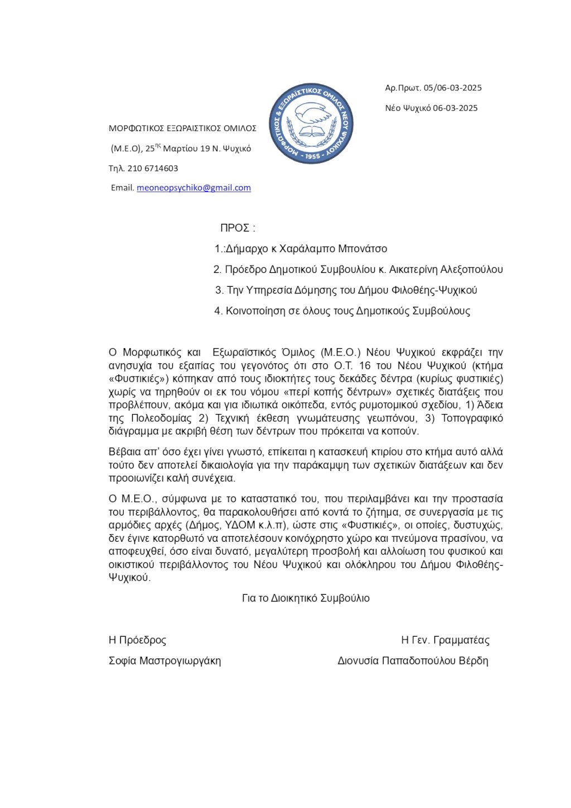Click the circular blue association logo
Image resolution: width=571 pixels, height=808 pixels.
pos(311,124)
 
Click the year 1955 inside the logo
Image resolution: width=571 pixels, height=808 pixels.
pos(312,156)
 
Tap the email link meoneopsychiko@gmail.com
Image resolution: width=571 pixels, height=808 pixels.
pos(193,188)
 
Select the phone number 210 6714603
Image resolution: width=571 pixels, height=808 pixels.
pos(152,169)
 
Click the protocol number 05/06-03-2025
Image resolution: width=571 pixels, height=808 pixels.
pos(452,88)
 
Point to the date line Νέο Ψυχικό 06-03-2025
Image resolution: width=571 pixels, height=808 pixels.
pos(431,108)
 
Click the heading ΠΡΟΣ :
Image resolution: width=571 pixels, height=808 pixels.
pos(238,228)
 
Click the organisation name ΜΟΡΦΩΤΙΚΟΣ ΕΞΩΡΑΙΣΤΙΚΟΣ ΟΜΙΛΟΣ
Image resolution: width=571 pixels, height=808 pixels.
pos(182,128)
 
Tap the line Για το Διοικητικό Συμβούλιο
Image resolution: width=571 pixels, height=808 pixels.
pos(306,598)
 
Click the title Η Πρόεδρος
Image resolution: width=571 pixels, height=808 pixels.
pos(137,640)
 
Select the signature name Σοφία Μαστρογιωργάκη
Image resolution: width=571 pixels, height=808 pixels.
pos(164,661)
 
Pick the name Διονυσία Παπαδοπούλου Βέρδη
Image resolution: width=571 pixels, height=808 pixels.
pos(413,661)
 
